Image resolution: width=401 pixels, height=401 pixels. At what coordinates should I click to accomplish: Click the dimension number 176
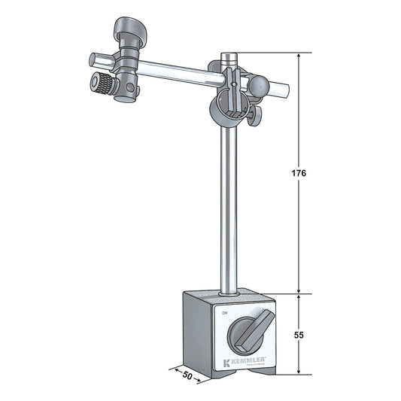click(299, 173)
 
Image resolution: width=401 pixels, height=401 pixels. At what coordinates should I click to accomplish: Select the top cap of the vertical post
click(229, 56)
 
